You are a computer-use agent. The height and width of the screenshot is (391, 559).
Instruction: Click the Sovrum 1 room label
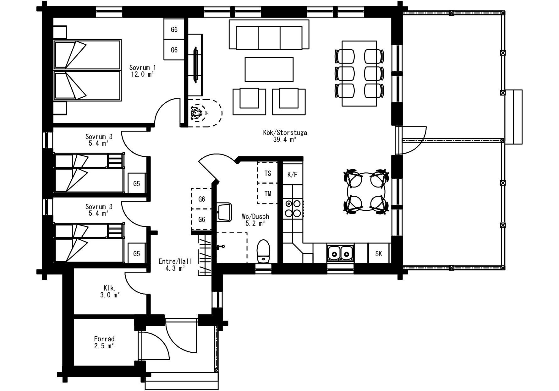tap(142, 68)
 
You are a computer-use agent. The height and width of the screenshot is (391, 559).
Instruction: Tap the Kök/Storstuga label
tap(285, 133)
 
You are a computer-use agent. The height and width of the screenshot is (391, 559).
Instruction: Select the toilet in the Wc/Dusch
tap(263, 252)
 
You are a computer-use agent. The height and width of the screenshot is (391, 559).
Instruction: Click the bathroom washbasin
tap(224, 212)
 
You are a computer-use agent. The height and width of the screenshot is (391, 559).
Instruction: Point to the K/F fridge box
tap(292, 175)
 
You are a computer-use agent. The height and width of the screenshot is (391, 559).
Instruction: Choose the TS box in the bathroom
tap(267, 173)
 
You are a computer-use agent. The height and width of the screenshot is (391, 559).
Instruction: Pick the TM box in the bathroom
tap(267, 194)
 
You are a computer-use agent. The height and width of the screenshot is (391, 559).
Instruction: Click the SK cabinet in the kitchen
tap(379, 253)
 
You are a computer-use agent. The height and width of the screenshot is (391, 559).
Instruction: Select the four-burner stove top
tap(293, 209)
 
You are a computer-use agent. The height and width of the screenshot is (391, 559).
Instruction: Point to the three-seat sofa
tap(269, 35)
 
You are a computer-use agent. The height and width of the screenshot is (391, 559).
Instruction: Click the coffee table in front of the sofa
tap(269, 69)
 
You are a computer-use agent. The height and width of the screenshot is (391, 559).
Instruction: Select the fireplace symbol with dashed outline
tap(205, 113)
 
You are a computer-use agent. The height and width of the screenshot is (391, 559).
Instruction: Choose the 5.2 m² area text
tap(255, 223)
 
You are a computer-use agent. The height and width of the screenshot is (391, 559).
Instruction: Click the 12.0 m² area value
tap(142, 74)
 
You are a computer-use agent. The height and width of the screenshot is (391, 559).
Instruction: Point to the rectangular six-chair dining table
tap(359, 73)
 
